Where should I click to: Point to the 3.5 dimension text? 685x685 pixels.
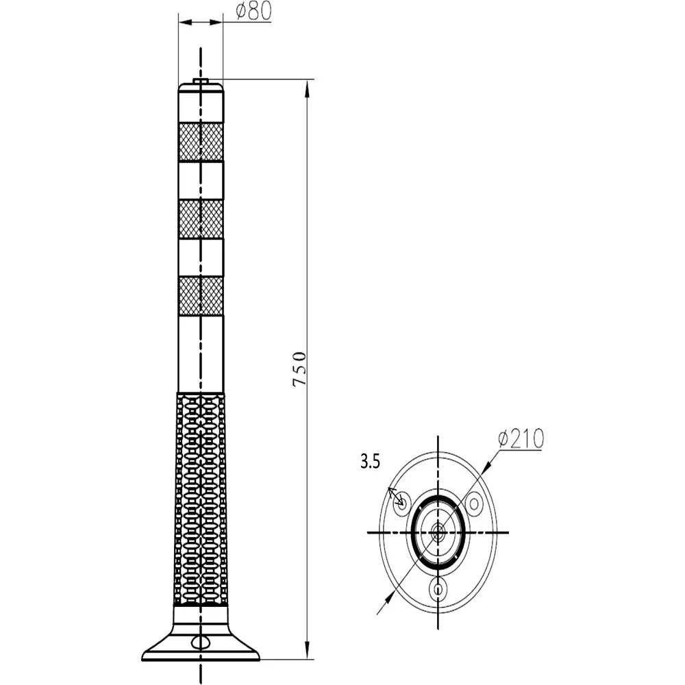coord(370,462)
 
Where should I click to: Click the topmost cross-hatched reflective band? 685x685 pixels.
coord(201,140)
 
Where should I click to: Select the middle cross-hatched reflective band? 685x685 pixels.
coord(201,219)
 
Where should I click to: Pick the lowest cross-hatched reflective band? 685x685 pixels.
coord(201,296)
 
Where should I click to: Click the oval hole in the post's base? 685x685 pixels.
coord(201,641)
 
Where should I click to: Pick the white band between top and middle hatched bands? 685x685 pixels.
coord(201,179)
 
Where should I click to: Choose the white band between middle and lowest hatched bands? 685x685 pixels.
coord(201,258)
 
